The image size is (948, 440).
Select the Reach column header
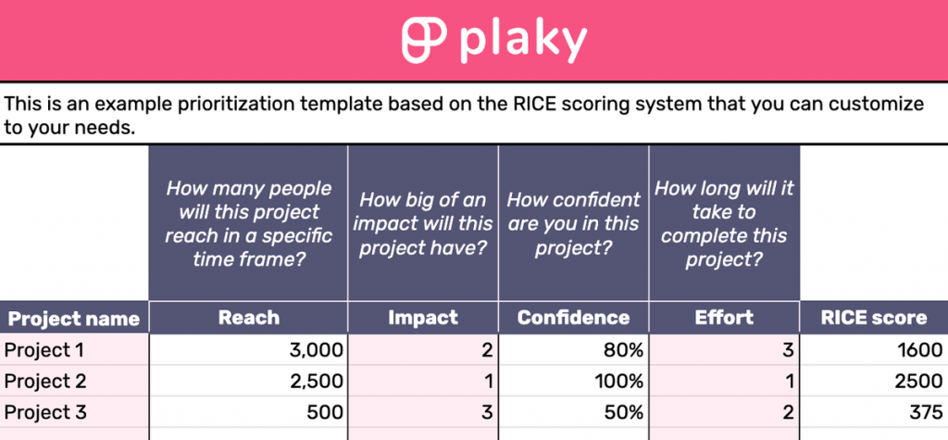click(248, 318)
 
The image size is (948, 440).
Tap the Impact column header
click(423, 318)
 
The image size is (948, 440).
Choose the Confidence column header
click(573, 318)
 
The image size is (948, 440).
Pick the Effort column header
click(724, 318)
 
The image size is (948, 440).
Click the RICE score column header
click(873, 318)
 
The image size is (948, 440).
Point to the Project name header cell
click(74, 320)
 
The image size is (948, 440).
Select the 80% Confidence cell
click(620, 350)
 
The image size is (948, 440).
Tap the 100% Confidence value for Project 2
click(616, 382)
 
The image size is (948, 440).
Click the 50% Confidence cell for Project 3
click(620, 413)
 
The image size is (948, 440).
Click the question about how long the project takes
click(724, 224)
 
